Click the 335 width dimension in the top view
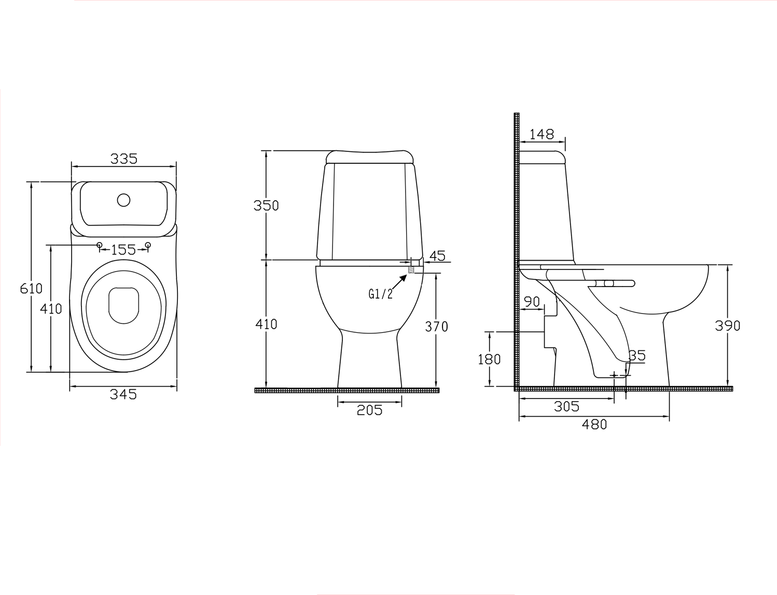tap(124, 159)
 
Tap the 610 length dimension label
tap(31, 288)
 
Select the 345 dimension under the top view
tap(123, 394)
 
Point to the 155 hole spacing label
tap(123, 250)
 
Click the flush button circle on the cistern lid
tap(124, 201)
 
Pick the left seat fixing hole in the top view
tap(100, 245)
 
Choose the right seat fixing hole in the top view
tap(148, 245)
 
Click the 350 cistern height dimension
tap(266, 205)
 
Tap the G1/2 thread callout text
tap(380, 293)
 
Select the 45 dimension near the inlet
tap(437, 256)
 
